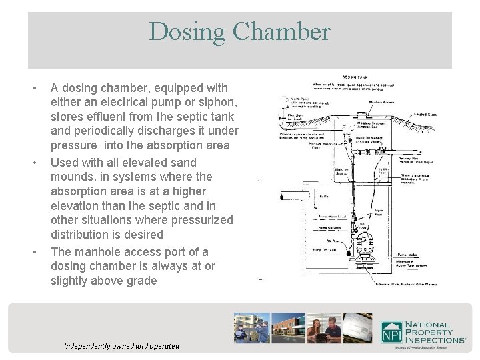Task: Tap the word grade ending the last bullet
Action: (139, 281)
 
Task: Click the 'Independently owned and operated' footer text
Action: (121, 346)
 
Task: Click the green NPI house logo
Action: (391, 332)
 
